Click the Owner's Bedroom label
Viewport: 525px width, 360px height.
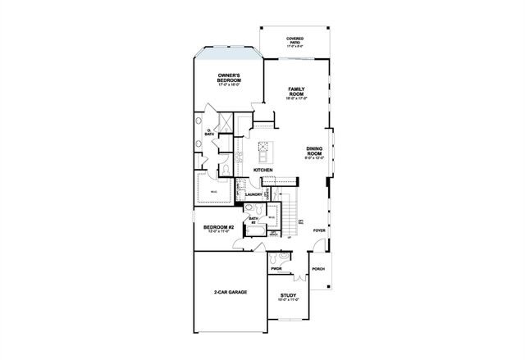click(x=229, y=78)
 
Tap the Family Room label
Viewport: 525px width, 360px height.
click(x=295, y=91)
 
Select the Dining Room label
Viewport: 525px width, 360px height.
click(x=315, y=151)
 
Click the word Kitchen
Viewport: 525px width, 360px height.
click(x=262, y=170)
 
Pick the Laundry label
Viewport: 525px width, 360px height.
click(x=264, y=194)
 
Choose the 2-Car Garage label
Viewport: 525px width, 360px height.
click(x=231, y=292)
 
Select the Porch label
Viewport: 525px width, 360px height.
click(x=318, y=268)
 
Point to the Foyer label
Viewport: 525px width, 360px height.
click(x=319, y=230)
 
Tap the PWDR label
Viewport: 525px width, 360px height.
click(x=276, y=267)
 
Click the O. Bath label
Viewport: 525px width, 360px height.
click(x=209, y=131)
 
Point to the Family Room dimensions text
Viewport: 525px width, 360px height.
click(x=295, y=98)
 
